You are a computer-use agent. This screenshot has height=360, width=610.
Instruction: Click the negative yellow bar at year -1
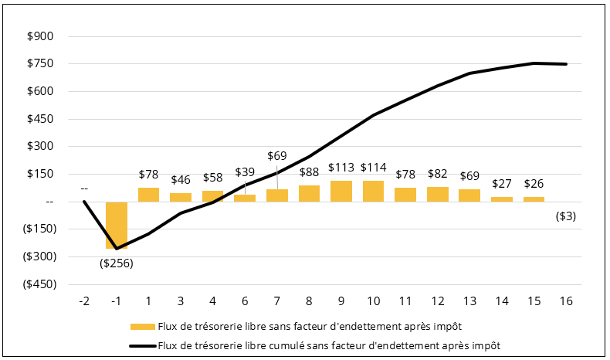coord(117,225)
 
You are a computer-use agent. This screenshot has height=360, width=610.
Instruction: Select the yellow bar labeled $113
coord(341,192)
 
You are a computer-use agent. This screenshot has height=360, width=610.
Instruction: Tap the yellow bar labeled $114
coord(373,192)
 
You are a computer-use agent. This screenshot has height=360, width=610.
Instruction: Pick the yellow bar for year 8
coord(309,194)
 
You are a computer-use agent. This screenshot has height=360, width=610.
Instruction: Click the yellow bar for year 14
coord(501,199)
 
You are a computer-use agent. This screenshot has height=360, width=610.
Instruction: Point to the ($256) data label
coord(117,262)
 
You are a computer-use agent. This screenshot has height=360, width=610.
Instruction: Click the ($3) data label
coord(566,216)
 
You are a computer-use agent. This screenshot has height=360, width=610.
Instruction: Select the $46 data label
coord(181,178)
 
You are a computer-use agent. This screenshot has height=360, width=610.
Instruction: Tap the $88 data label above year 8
coord(309,172)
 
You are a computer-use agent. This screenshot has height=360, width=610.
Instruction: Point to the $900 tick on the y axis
coord(40,36)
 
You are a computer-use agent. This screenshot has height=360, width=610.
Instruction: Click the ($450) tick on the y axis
coord(38,284)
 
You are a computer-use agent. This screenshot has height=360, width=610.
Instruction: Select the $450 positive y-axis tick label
coord(40,119)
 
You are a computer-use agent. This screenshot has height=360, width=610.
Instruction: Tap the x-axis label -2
coord(84,301)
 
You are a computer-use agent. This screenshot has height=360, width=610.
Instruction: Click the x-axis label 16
coord(566,301)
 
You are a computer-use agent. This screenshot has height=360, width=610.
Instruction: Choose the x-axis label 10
coord(373,301)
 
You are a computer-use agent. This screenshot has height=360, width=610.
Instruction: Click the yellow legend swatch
coord(142,325)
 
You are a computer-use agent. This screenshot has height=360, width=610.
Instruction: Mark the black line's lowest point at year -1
coord(117,249)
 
